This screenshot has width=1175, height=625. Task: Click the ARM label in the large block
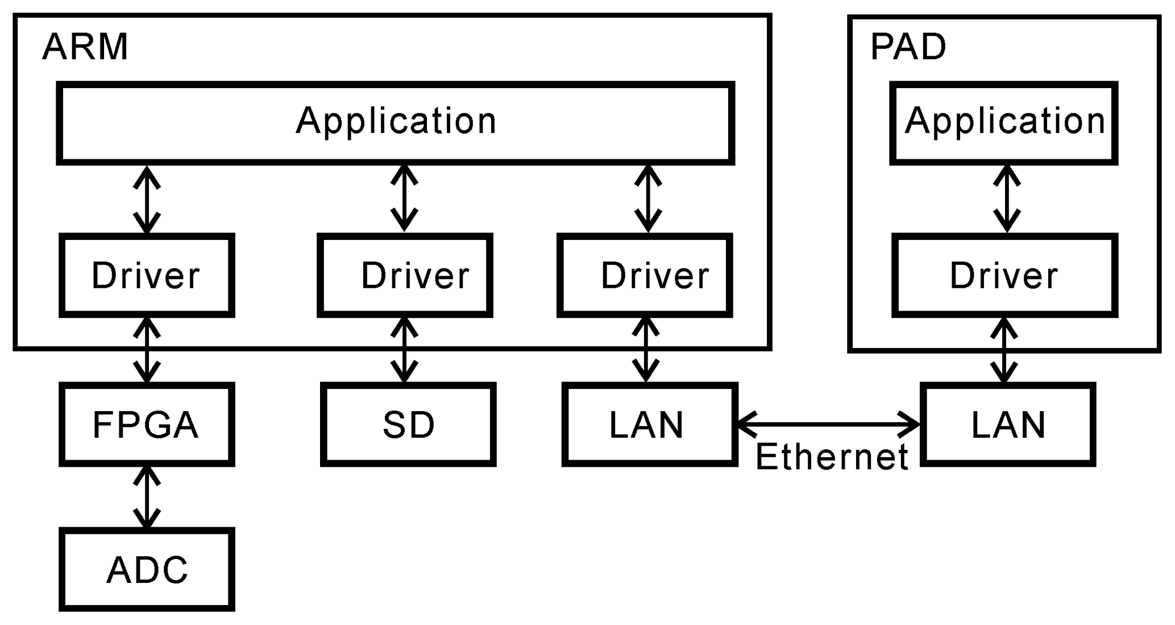85,47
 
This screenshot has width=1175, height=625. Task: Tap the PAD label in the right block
908,47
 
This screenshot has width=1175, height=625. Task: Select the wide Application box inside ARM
396,123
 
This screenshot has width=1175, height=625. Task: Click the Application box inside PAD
1004,123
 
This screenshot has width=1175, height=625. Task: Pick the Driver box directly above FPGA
147,275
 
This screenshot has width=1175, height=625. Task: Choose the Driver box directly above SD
405,275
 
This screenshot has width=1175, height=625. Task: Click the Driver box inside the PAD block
1004,275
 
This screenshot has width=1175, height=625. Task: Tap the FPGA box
147,425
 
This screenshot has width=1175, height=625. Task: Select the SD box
408,425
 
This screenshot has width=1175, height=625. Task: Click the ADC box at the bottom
147,570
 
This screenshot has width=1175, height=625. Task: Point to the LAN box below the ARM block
649,425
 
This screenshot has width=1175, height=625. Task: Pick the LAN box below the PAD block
1008,425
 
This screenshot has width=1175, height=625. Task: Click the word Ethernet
832,457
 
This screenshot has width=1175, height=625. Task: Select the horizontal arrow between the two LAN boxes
828,424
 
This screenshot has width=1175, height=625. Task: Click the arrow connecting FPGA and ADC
147,498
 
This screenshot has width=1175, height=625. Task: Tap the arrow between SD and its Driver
404,350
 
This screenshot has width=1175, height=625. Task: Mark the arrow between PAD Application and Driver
1007,198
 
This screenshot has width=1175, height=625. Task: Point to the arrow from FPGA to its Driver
147,350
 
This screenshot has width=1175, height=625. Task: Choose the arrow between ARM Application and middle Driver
404,198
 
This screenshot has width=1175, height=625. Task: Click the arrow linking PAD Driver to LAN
1004,350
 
